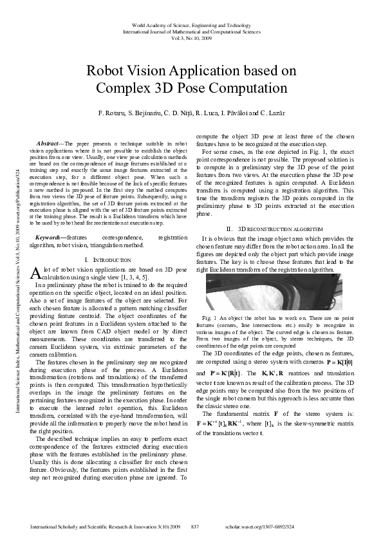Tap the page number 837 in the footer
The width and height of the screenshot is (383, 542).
pos(195,527)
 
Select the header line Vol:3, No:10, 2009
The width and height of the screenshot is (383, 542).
pos(191,37)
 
